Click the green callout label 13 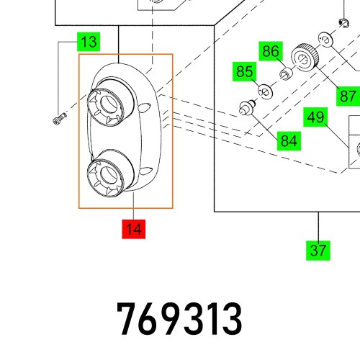tap(89, 42)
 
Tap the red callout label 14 tap(133, 230)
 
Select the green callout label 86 tap(270, 51)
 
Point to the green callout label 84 tap(289, 140)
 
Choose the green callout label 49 tap(315, 117)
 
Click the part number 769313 tap(179, 320)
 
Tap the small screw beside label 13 tap(59, 119)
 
